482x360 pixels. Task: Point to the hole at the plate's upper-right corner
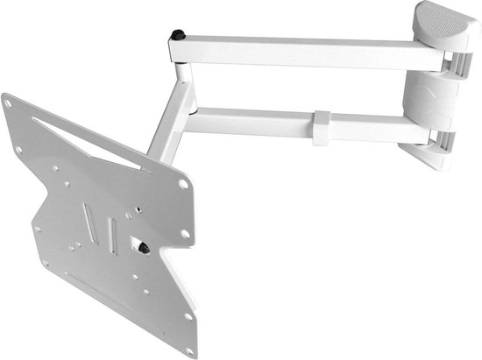click(x=184, y=184)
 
